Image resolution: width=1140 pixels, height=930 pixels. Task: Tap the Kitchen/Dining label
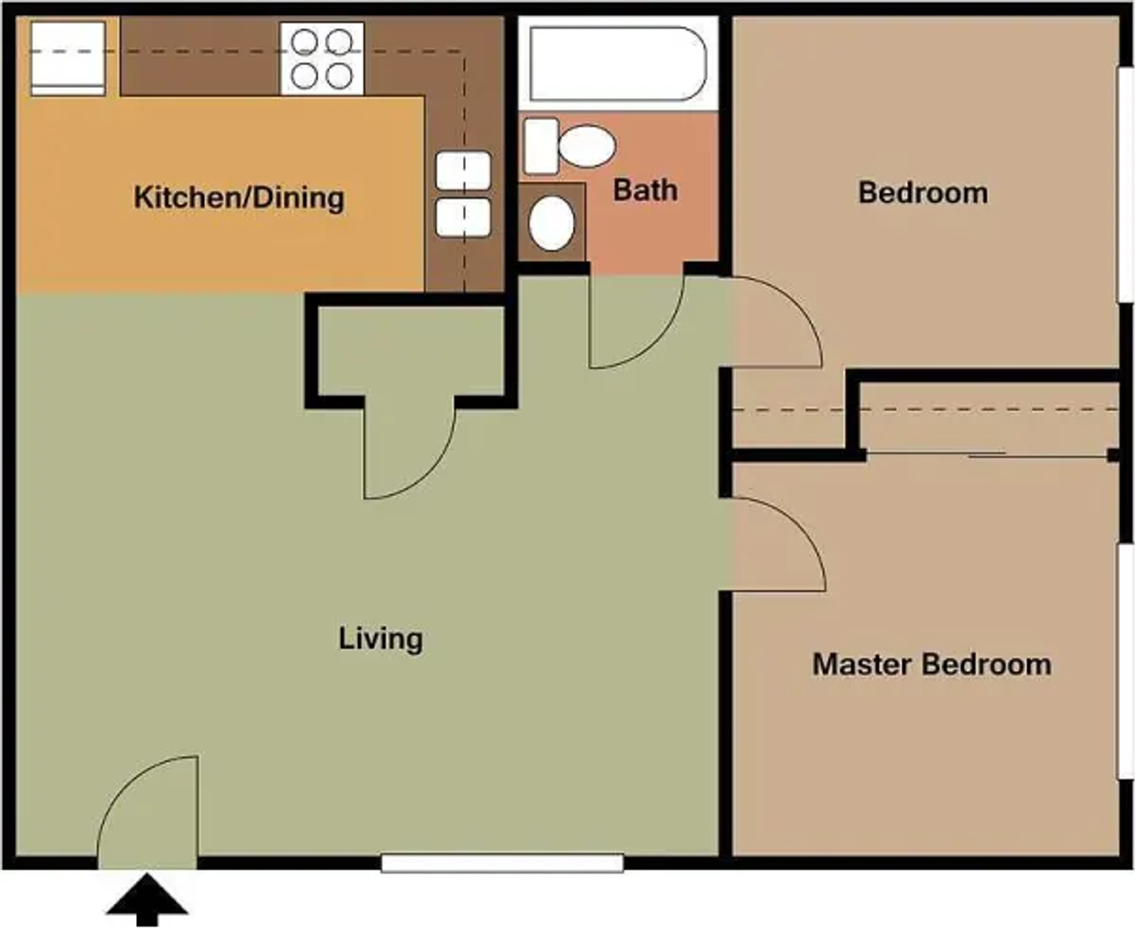(x=239, y=197)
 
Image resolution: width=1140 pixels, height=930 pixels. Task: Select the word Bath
(x=645, y=189)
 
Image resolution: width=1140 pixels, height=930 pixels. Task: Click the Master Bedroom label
(x=931, y=664)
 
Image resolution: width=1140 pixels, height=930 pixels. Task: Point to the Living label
(x=381, y=638)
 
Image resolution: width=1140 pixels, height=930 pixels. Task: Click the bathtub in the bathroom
(x=617, y=64)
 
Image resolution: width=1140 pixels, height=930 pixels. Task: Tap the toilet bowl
(x=585, y=146)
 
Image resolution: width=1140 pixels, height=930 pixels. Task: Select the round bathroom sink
(x=551, y=222)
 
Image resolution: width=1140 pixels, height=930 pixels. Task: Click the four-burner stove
(x=322, y=59)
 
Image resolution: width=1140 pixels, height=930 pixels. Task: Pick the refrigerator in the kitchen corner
(x=68, y=58)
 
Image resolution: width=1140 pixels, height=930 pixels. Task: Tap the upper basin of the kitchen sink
(x=463, y=170)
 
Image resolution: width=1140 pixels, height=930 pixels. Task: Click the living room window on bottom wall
(x=502, y=863)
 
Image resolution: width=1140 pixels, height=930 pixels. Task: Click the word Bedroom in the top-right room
(x=922, y=192)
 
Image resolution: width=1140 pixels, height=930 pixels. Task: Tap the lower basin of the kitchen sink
(x=463, y=217)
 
